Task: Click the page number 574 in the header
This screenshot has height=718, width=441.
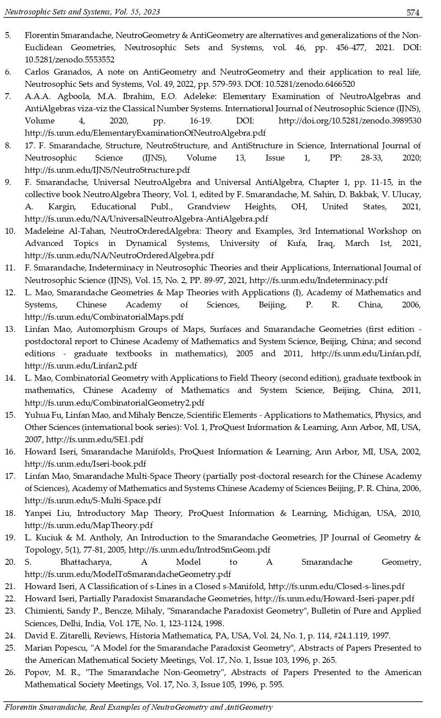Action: pos(413,13)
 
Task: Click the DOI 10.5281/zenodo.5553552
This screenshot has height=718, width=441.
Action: pos(70,60)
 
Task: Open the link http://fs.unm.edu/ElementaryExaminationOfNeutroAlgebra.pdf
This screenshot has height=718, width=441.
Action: pos(145,133)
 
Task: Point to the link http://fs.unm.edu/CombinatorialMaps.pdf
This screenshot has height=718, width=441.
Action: pos(104,317)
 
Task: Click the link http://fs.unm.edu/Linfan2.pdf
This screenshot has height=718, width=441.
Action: pos(81,366)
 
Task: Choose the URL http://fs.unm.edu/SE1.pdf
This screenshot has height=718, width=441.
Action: pos(95,439)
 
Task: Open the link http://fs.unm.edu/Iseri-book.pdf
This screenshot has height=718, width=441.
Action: pos(85,463)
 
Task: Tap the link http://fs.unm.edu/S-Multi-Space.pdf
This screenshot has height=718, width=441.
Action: pos(93,501)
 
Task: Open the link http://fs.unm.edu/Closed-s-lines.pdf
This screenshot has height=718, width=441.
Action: pos(336,586)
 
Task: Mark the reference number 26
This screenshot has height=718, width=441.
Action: pos(10,672)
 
